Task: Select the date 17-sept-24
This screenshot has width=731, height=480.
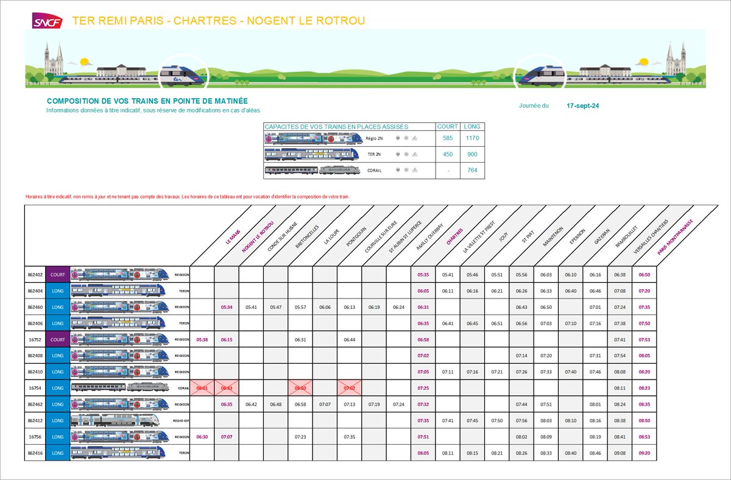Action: pyautogui.click(x=582, y=105)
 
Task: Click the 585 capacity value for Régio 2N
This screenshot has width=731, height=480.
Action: pyautogui.click(x=448, y=138)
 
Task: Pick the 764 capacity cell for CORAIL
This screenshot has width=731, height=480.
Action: pyautogui.click(x=472, y=170)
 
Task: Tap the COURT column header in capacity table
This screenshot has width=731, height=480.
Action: pyautogui.click(x=448, y=127)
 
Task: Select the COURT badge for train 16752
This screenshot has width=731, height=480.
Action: pyautogui.click(x=57, y=339)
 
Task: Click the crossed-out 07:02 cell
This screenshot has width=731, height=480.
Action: pyautogui.click(x=350, y=387)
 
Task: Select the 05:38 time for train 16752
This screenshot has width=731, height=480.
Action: pyautogui.click(x=202, y=339)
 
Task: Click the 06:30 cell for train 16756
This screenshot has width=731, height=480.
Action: pyautogui.click(x=202, y=436)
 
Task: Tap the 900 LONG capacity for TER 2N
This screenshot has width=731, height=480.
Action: pyautogui.click(x=472, y=154)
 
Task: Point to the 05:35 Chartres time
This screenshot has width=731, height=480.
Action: pyautogui.click(x=423, y=275)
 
